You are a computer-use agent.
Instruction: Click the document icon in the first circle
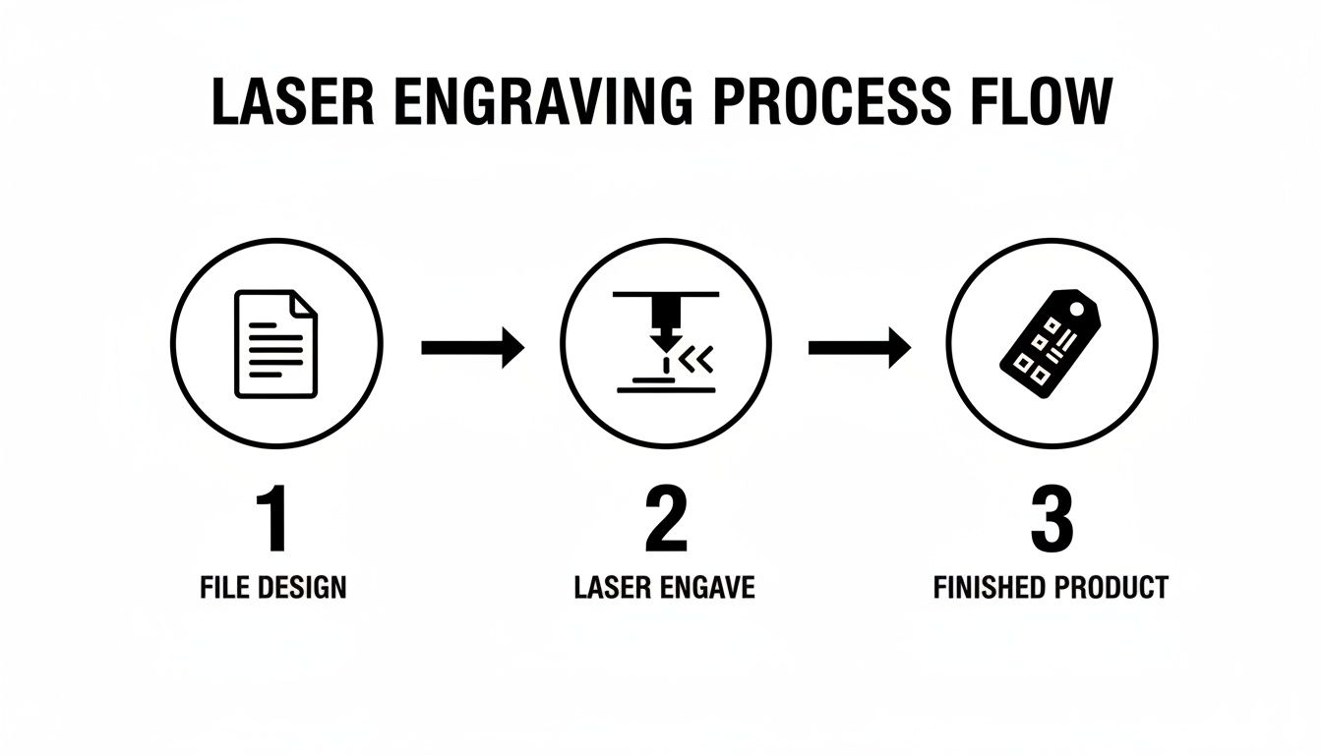[275, 343]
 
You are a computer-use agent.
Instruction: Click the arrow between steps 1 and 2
[473, 347]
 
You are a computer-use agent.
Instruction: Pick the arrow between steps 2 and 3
[860, 347]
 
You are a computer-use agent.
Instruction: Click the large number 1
[272, 520]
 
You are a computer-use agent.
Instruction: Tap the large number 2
[665, 520]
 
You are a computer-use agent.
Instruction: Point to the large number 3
[1051, 520]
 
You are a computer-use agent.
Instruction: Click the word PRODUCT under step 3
[1111, 588]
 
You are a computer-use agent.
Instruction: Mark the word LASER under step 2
[610, 588]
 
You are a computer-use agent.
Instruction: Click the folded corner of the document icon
[306, 304]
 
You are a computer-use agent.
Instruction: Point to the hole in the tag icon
[1087, 309]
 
